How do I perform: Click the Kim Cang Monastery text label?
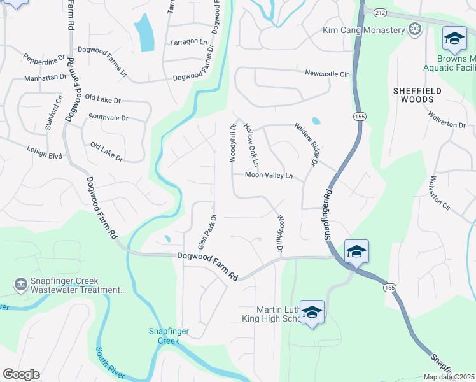364,30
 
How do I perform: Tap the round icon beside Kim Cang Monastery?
415,30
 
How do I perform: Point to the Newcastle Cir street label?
326,74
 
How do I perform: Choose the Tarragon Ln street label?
188,43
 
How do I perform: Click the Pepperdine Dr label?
45,57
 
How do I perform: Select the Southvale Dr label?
108,118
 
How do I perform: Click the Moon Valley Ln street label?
269,175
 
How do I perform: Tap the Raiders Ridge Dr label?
305,145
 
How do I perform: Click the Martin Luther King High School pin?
312,313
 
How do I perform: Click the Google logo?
21,374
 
